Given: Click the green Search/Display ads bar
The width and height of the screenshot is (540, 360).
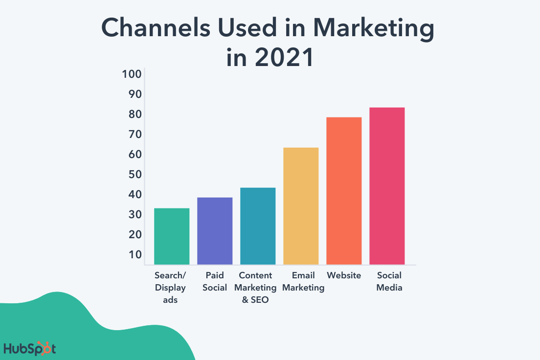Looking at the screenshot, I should tap(172, 236).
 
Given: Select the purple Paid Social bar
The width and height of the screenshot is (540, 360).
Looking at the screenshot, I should tap(215, 231).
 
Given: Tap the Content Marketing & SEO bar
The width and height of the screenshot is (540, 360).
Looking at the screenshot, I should tap(258, 226).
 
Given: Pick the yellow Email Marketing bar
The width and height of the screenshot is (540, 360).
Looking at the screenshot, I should tap(301, 206).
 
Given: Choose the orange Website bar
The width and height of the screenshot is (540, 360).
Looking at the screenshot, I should tap(344, 191).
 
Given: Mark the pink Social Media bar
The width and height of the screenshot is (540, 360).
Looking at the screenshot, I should tap(387, 186).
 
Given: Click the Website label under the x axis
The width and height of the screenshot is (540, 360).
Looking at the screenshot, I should tap(344, 275).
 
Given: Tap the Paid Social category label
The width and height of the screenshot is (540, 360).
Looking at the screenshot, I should tap(215, 281).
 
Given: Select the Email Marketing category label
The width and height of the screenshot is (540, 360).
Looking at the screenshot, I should tap(303, 281).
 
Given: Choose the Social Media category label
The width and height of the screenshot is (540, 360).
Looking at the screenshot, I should tap(389, 281).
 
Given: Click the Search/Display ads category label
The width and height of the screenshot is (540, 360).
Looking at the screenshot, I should tap(170, 288).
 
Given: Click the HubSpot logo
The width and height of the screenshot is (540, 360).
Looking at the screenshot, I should tap(30, 349).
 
